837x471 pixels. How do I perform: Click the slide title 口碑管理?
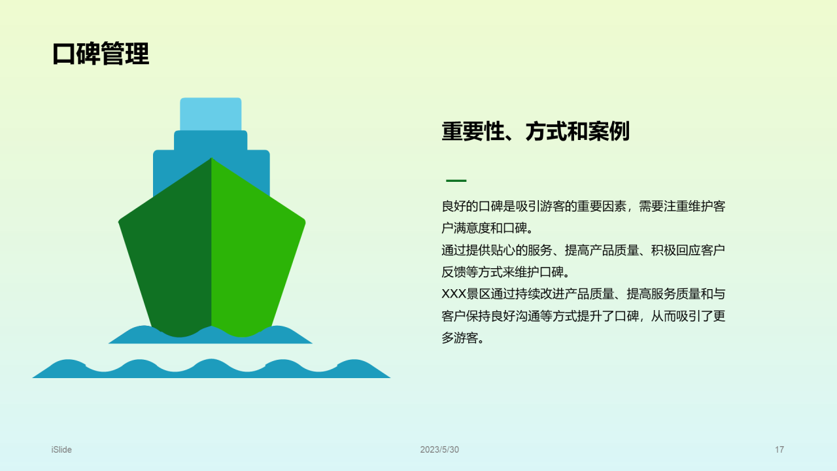pyautogui.click(x=101, y=54)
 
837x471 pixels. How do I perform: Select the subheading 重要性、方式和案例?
pyautogui.click(x=535, y=131)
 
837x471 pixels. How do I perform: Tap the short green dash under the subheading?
pyautogui.click(x=456, y=181)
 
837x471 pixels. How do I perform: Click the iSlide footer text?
pyautogui.click(x=61, y=449)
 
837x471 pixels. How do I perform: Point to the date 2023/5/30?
pyautogui.click(x=439, y=449)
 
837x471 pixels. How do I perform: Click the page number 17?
pyautogui.click(x=779, y=449)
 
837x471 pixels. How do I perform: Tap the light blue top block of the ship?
pyautogui.click(x=211, y=114)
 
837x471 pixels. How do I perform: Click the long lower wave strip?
pyautogui.click(x=211, y=371)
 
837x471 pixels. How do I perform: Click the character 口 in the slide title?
pyautogui.click(x=64, y=54)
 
